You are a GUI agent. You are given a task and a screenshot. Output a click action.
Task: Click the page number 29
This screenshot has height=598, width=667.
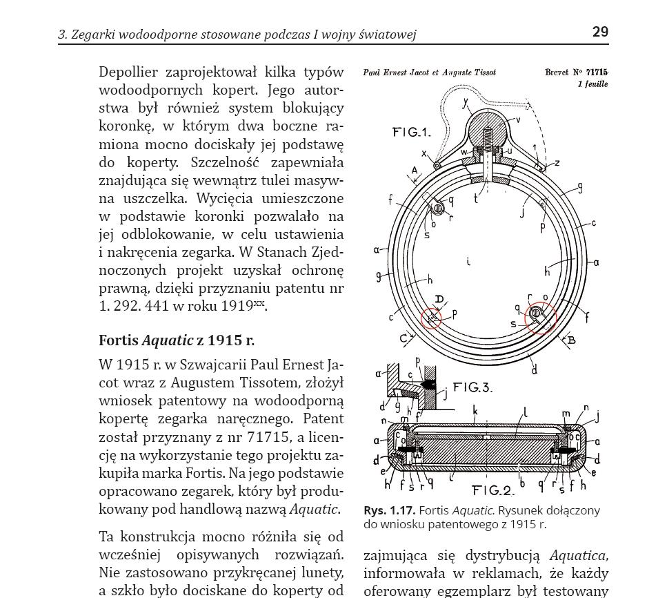click(600, 32)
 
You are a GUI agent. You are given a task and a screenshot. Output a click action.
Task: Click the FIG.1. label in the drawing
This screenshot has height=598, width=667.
click(411, 132)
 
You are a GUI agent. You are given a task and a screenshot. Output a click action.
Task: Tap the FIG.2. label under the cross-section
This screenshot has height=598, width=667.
click(493, 491)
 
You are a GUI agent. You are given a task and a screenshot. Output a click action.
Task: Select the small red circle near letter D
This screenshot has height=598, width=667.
click(431, 318)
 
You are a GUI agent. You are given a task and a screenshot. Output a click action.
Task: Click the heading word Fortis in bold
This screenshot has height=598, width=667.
click(118, 340)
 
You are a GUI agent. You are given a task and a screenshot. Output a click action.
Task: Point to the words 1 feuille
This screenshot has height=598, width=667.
click(593, 84)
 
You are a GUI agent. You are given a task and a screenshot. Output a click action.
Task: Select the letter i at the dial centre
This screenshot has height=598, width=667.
click(468, 262)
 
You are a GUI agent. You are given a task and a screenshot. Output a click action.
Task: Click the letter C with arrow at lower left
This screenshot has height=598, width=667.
click(404, 338)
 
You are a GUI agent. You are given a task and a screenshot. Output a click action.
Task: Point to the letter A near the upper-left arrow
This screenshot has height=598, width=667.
click(415, 170)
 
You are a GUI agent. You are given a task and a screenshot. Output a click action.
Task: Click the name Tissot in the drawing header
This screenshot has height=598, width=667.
click(483, 73)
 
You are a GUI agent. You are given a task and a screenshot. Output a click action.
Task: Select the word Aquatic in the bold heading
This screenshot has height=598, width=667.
click(168, 340)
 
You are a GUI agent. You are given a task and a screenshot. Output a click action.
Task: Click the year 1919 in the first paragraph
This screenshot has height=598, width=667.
click(237, 306)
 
